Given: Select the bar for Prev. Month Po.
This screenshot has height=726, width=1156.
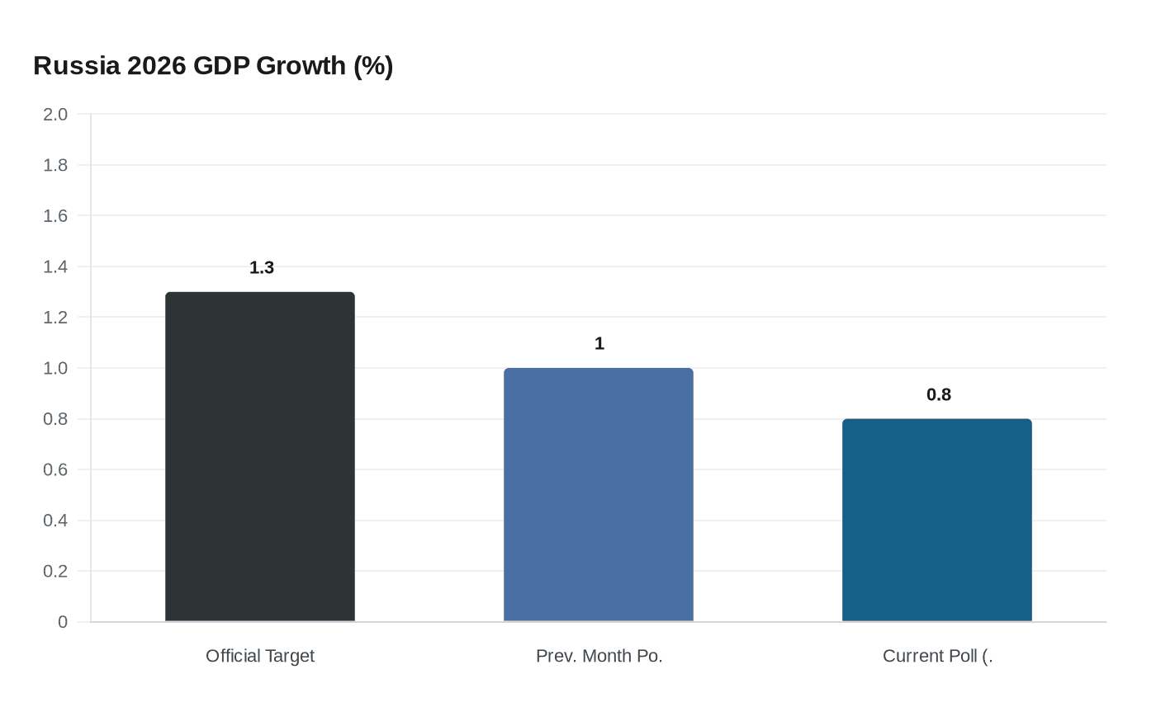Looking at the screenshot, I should pyautogui.click(x=599, y=494).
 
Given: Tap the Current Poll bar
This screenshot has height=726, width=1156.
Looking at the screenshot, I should pyautogui.click(x=936, y=520).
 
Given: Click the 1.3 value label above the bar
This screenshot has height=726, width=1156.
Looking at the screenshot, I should pyautogui.click(x=262, y=268).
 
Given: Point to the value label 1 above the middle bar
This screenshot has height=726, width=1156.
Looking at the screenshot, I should pyautogui.click(x=599, y=344).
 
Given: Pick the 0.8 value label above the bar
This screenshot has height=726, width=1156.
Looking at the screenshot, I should pyautogui.click(x=939, y=395).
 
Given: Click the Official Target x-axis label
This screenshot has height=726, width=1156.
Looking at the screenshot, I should pyautogui.click(x=260, y=656).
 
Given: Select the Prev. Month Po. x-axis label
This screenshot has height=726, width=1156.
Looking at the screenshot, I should pyautogui.click(x=599, y=656).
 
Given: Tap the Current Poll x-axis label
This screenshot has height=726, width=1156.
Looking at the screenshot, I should pyautogui.click(x=937, y=656).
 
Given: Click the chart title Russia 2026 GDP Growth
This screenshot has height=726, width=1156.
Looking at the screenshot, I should pyautogui.click(x=213, y=65).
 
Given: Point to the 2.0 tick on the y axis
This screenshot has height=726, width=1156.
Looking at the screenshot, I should pyautogui.click(x=55, y=115).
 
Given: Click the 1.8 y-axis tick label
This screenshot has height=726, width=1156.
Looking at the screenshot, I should pyautogui.click(x=55, y=165).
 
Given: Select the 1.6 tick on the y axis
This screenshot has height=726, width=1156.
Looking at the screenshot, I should pyautogui.click(x=55, y=216).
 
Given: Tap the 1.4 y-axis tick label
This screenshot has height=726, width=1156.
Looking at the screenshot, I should pyautogui.click(x=55, y=266).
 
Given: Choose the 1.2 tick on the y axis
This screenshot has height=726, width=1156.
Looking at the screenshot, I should pyautogui.click(x=55, y=318).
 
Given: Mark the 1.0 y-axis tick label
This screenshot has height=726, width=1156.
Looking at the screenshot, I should pyautogui.click(x=55, y=368).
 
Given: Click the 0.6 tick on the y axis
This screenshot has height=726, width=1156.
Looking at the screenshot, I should pyautogui.click(x=55, y=469).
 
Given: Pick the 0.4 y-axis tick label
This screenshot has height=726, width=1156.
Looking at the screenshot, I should pyautogui.click(x=55, y=521).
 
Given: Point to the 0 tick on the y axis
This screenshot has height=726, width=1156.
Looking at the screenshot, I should pyautogui.click(x=63, y=622).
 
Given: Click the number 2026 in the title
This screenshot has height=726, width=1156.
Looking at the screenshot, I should pyautogui.click(x=157, y=65).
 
